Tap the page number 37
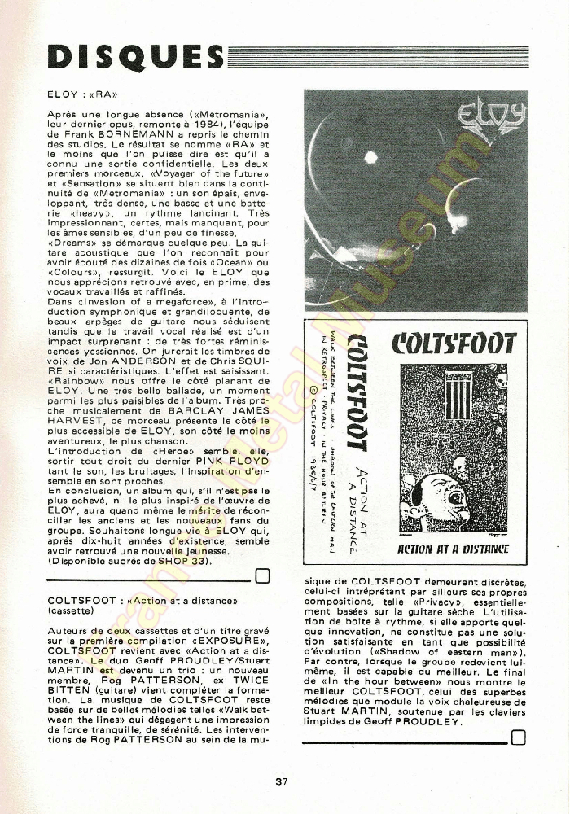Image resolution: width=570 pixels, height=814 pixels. (282, 781)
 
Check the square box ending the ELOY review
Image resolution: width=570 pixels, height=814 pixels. (262, 577)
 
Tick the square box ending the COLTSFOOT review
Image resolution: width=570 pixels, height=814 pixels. (518, 738)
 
